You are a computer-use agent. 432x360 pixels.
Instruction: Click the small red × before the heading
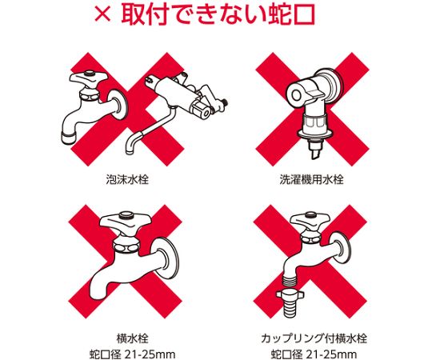(x=102, y=14)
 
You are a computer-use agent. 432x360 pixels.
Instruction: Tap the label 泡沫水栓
(x=127, y=179)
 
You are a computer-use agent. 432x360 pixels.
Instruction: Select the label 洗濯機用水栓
(x=311, y=179)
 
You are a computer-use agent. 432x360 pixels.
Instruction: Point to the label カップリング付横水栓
(x=314, y=338)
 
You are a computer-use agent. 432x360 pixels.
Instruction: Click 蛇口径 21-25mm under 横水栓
(x=132, y=354)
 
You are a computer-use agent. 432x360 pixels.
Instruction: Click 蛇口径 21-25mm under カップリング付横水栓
(x=314, y=354)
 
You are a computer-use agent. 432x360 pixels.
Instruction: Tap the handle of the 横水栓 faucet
(x=125, y=221)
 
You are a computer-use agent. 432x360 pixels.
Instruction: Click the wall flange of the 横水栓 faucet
(x=169, y=258)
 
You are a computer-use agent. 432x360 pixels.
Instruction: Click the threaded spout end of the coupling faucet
(x=290, y=281)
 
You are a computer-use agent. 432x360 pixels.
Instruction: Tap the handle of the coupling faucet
(x=310, y=218)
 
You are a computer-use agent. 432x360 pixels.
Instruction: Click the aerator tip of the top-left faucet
(x=68, y=137)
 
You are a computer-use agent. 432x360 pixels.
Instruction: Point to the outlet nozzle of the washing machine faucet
(x=315, y=151)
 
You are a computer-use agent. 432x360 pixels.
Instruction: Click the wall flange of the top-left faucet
(x=122, y=104)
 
